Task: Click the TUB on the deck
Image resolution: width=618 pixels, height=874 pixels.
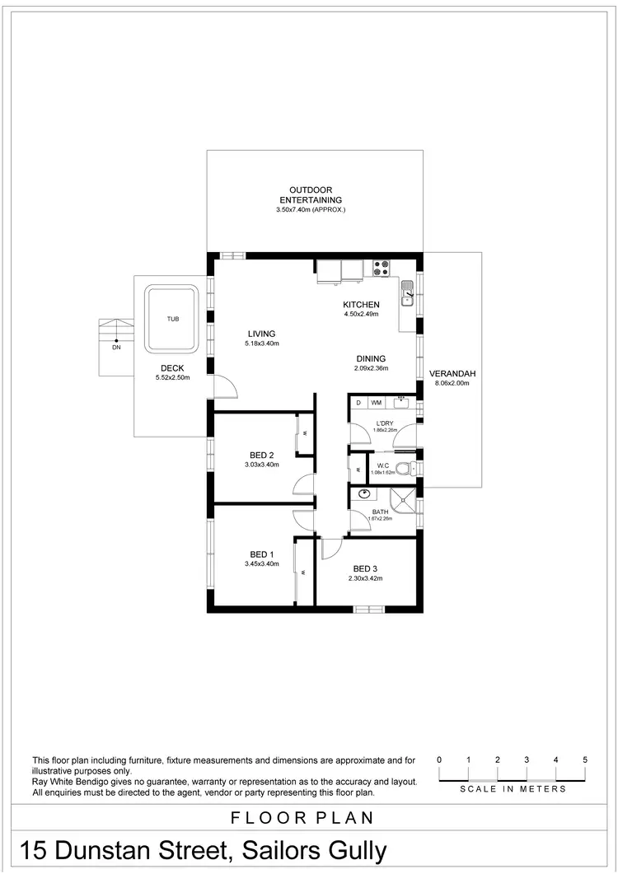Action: click(x=171, y=318)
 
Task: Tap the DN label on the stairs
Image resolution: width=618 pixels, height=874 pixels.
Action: click(x=116, y=347)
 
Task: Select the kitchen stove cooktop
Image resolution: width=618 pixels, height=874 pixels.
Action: click(x=381, y=268)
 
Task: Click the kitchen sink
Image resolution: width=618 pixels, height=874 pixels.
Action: click(x=408, y=292)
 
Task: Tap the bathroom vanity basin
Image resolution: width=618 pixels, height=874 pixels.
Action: click(x=363, y=494)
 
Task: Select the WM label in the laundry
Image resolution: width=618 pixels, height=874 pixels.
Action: click(x=376, y=403)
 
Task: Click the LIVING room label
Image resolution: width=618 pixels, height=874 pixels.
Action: click(x=261, y=334)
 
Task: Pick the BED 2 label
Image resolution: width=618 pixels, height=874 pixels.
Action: click(x=261, y=455)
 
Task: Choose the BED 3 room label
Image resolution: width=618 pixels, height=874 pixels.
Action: click(x=365, y=568)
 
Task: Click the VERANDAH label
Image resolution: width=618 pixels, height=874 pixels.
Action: click(x=452, y=373)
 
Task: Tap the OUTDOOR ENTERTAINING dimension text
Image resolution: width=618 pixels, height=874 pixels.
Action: click(x=310, y=210)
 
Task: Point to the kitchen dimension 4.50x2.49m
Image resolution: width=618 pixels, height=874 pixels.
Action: click(x=361, y=314)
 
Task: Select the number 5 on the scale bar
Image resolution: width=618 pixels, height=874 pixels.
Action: click(x=584, y=759)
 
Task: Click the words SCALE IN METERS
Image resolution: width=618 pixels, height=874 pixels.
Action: click(x=513, y=789)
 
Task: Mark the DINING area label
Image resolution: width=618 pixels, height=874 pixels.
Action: click(x=371, y=358)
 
